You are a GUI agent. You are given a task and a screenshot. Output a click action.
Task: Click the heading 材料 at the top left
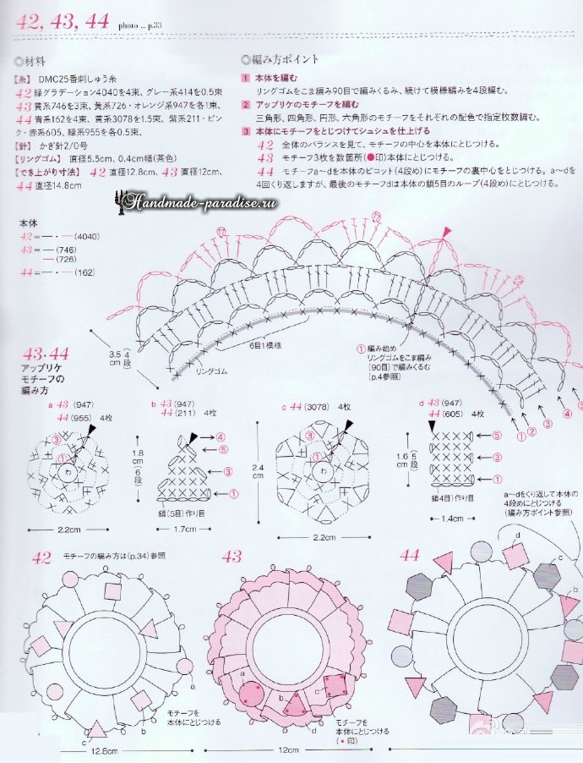34,62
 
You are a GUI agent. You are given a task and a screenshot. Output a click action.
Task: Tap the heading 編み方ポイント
284,60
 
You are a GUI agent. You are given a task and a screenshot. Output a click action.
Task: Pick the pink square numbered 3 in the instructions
245,132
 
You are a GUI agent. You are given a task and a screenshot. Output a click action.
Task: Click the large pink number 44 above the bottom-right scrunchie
409,557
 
